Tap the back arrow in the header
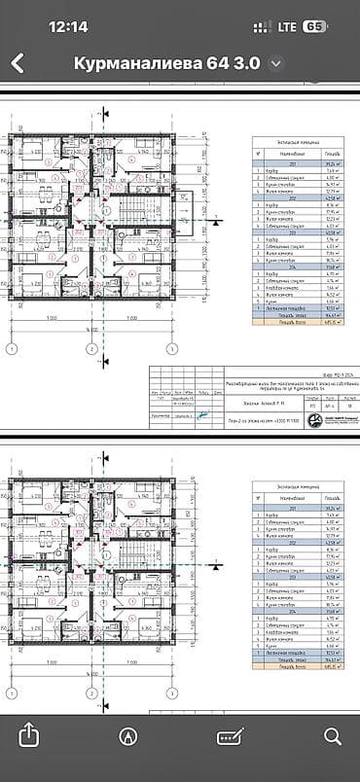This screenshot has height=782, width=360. coord(18,64)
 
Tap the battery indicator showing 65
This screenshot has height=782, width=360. coord(313,26)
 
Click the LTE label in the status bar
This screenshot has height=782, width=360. coord(283,26)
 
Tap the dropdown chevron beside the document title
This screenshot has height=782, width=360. coord(276,64)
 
